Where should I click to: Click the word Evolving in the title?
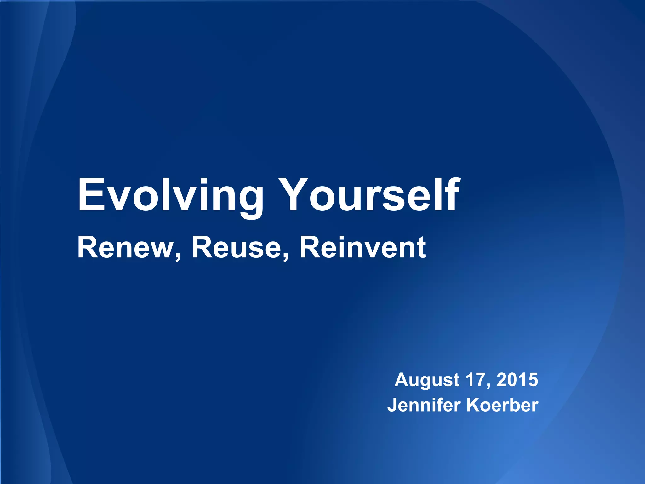click(170, 195)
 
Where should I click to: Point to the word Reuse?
click(236, 248)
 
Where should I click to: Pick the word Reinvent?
click(362, 248)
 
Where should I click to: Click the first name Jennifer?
click(424, 405)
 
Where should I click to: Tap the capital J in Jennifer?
click(393, 406)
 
